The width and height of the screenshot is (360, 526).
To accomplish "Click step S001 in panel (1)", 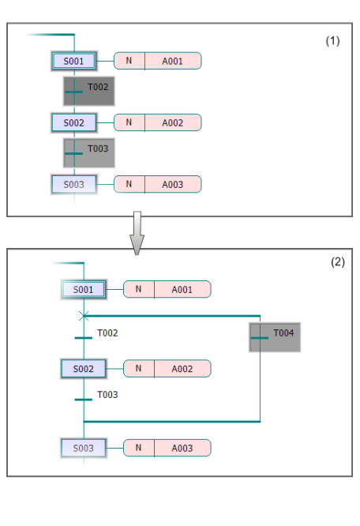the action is [74, 61].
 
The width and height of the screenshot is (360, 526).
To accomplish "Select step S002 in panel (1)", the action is [74, 122].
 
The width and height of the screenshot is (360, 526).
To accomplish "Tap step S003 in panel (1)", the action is [74, 185].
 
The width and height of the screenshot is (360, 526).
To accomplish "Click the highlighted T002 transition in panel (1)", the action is [89, 92].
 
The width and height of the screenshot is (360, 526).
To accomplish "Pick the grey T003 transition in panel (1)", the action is [89, 153].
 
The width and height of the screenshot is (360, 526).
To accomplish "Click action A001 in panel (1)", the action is [173, 61].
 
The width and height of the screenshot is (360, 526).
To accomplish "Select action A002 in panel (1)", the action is [173, 122].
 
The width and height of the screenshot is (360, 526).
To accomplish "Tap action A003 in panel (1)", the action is [173, 185].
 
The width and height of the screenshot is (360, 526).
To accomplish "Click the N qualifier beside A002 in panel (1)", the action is [129, 122].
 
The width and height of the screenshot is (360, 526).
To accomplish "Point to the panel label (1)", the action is [332, 41].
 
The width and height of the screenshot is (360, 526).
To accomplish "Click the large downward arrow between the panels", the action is [137, 233].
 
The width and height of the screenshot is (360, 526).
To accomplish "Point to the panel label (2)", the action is [338, 261].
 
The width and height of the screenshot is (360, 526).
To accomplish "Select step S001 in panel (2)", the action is [84, 290].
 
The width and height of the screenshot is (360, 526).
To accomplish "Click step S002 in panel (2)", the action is [84, 369].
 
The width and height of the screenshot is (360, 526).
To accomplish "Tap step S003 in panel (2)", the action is [84, 448].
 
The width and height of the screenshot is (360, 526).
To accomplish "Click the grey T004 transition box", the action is [275, 337].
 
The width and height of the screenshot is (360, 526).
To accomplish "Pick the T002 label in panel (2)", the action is [107, 333].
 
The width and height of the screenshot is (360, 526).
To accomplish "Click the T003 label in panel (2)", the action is [107, 395].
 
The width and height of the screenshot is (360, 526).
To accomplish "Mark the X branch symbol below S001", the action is [84, 316].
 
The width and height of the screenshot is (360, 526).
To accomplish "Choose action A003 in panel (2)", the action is [182, 448].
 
